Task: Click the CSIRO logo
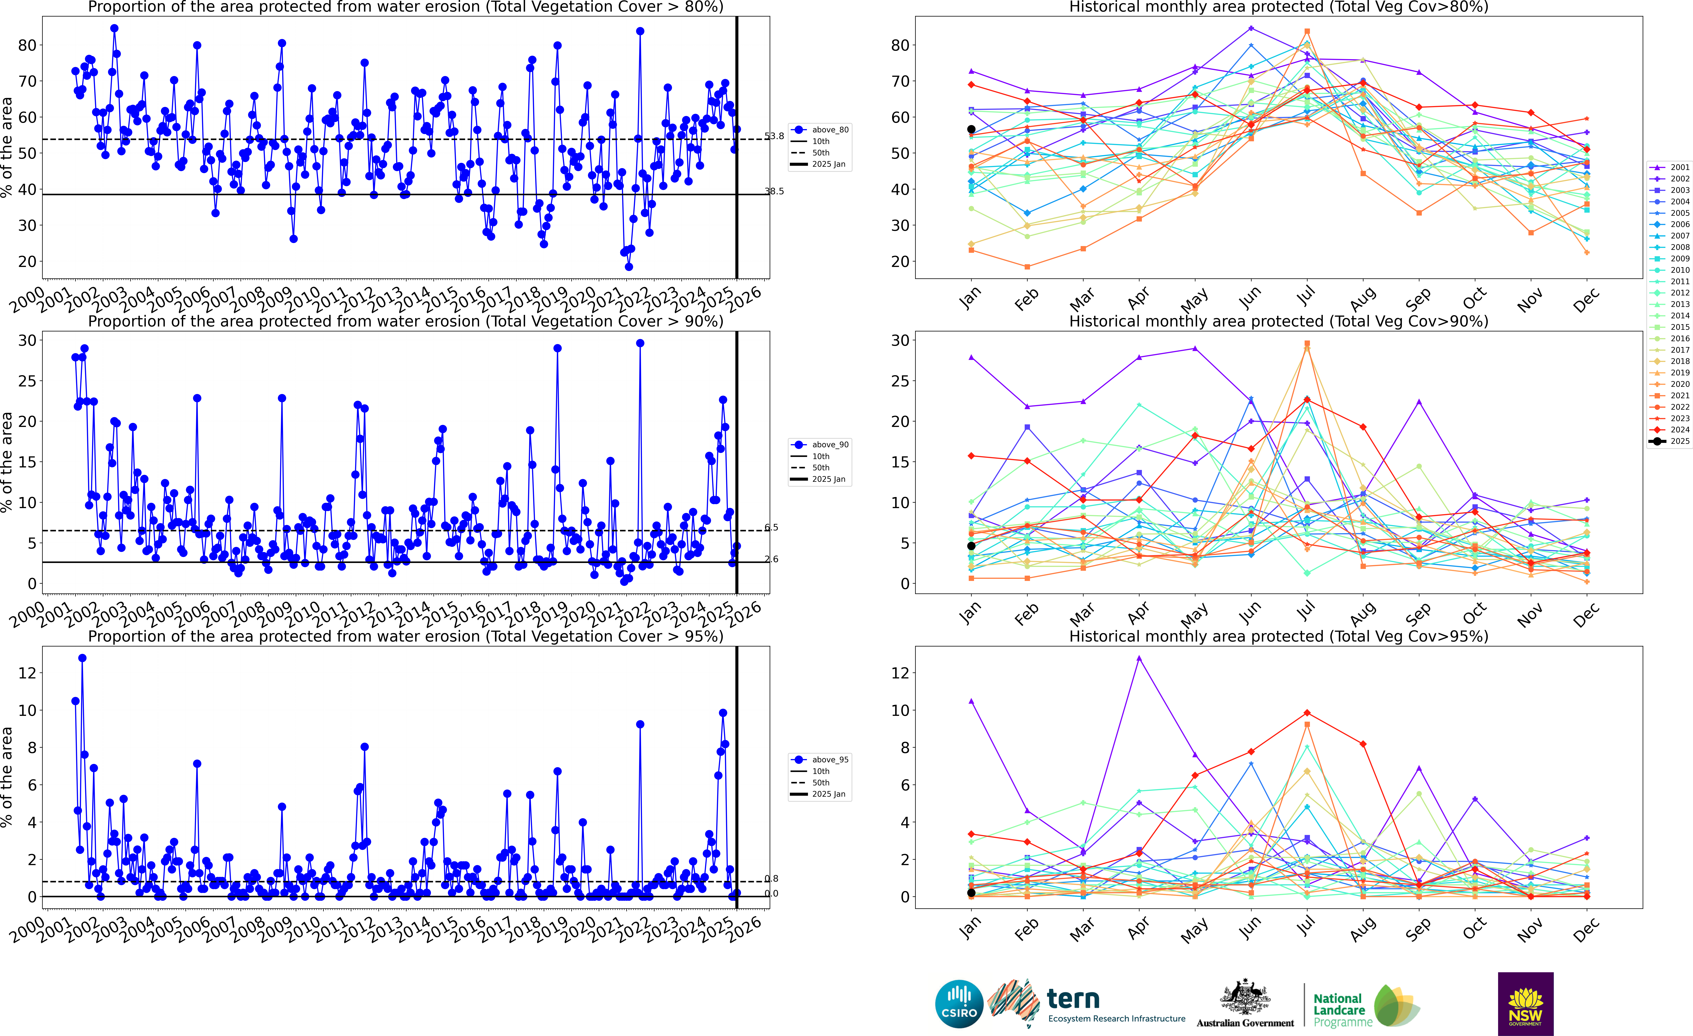tap(959, 1004)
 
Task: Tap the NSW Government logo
tap(1525, 1004)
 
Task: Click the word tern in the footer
tap(1073, 998)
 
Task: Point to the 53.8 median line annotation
tap(774, 136)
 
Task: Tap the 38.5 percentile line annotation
tap(774, 191)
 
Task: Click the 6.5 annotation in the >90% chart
tap(772, 528)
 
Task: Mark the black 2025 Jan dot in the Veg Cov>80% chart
tap(971, 129)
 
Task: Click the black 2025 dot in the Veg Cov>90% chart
tap(971, 546)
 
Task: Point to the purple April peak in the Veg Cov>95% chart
tap(1139, 658)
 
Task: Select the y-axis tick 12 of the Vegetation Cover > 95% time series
tap(27, 673)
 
